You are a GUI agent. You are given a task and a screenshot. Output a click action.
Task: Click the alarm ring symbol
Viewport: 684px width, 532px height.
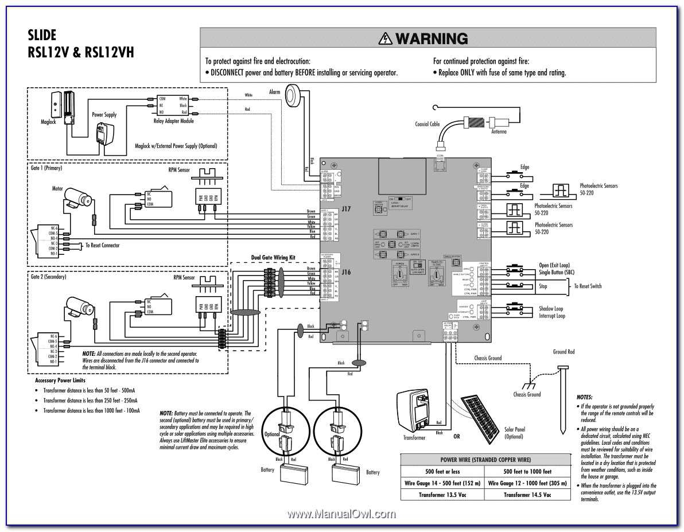[x=296, y=96]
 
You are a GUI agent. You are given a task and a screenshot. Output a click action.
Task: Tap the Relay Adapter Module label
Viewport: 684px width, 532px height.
[x=174, y=121]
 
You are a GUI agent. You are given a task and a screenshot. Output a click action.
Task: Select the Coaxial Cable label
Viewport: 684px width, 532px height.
[x=427, y=124]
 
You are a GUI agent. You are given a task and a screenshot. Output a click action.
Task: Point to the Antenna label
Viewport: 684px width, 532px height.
[x=498, y=132]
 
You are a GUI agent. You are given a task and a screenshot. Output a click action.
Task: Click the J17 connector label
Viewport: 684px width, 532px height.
[x=346, y=209]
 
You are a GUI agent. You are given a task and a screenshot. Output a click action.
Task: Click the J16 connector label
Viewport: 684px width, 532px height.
[x=346, y=273]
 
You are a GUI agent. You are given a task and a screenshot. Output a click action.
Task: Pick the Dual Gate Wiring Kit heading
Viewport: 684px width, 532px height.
[x=273, y=258]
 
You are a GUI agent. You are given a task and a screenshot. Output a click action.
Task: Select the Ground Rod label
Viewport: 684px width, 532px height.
[x=563, y=352]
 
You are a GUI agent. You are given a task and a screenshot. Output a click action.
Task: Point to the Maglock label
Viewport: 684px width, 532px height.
[x=48, y=122]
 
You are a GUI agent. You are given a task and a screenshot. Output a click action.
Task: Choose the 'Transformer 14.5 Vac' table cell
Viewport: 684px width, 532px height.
[x=527, y=495]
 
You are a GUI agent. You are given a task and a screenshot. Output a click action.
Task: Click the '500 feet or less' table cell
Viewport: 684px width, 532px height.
[x=442, y=471]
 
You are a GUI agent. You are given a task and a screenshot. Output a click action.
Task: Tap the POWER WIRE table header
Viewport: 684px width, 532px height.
[x=485, y=460]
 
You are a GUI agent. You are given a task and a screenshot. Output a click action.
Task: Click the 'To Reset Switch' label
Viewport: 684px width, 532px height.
[x=588, y=286]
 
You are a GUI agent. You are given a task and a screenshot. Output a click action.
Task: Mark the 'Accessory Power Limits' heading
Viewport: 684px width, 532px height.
[x=60, y=380]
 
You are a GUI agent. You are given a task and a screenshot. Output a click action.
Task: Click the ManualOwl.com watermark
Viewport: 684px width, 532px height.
[x=341, y=515]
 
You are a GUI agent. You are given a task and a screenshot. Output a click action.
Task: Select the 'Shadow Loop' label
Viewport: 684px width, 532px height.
[x=550, y=309]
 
